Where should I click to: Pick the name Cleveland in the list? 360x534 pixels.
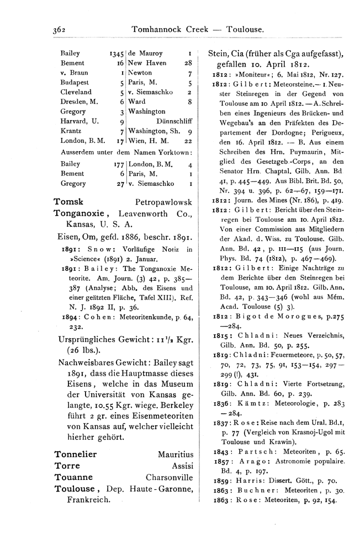[76, 92]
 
